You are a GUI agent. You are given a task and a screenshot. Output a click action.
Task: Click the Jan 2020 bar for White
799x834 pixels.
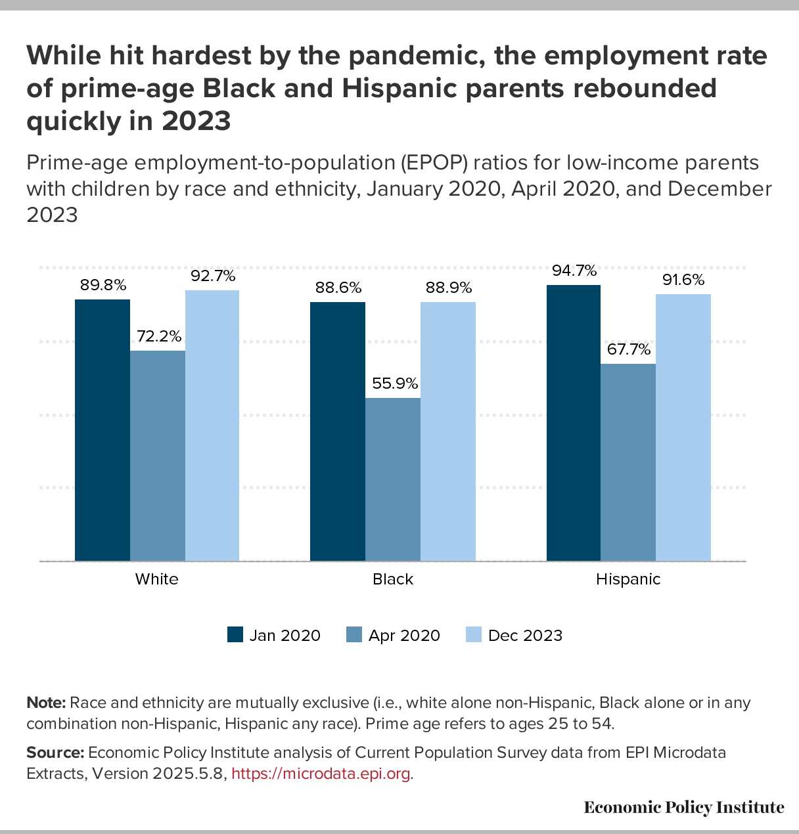pos(103,430)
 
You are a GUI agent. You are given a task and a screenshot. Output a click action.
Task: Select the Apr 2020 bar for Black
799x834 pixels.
pos(393,479)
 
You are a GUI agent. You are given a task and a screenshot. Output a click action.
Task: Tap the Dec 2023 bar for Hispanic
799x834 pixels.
pos(683,428)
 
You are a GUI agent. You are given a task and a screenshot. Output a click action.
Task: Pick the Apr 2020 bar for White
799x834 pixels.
pos(158,456)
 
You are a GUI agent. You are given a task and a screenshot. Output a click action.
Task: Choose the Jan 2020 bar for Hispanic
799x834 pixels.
pos(574,423)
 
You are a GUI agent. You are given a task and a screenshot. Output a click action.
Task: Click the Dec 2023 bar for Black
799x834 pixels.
pos(448,431)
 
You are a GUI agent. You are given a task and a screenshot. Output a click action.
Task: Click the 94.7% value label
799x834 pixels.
pos(574,271)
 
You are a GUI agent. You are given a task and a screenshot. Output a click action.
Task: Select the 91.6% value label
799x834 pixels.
pos(683,280)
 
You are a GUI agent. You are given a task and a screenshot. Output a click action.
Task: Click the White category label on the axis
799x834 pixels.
pos(156,579)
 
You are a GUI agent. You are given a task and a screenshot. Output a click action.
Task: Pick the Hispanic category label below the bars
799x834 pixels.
pos(628,579)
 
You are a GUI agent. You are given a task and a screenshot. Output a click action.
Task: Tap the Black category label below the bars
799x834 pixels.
pos(393,579)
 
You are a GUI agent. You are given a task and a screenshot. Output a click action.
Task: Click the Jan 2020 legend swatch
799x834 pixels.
pos(235,635)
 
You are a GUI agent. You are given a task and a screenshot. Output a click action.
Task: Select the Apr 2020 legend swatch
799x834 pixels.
pos(354,635)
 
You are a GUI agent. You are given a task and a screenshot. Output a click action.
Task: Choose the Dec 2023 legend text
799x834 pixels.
pos(525,636)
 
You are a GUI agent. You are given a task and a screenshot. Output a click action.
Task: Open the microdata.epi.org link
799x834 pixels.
pos(322,774)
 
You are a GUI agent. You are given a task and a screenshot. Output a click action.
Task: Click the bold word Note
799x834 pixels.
pos(45,703)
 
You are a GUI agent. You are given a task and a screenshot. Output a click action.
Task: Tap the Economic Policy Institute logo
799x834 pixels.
pos(683,807)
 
